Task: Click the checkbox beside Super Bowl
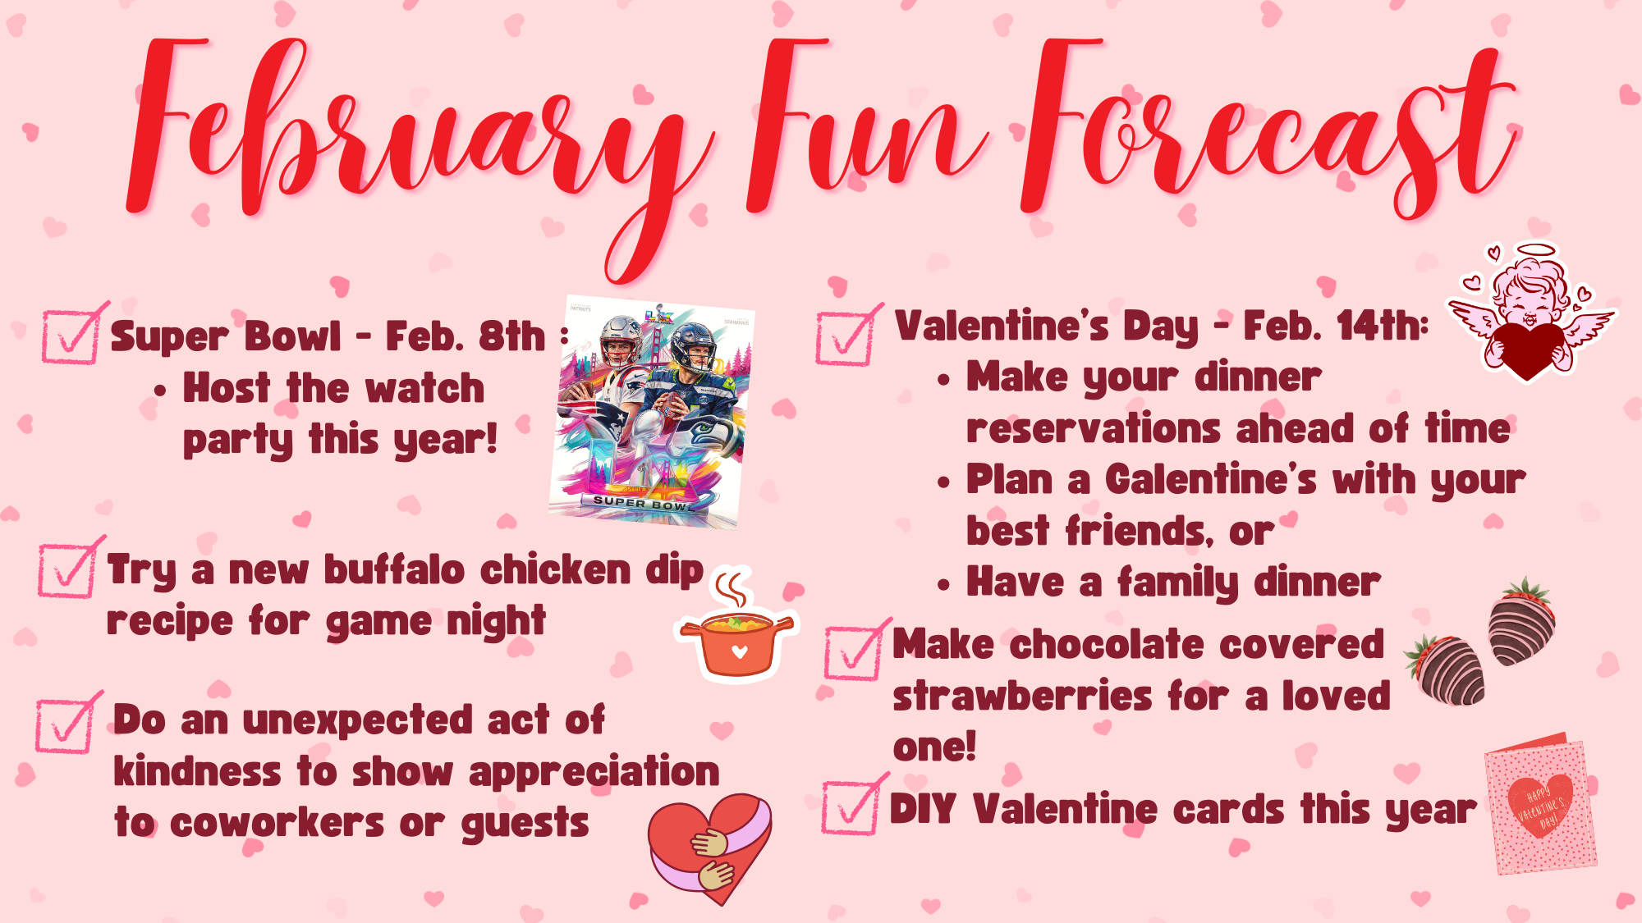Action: pyautogui.click(x=72, y=334)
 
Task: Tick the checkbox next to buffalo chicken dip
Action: pyautogui.click(x=69, y=568)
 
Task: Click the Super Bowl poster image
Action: pyautogui.click(x=651, y=412)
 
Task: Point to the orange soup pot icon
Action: pyautogui.click(x=736, y=627)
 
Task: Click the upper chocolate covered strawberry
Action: pyautogui.click(x=1523, y=621)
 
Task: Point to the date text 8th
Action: pyautogui.click(x=512, y=336)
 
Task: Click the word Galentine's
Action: pyautogui.click(x=1211, y=479)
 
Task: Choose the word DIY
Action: pyautogui.click(x=923, y=809)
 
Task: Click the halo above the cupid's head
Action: pyautogui.click(x=1535, y=249)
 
